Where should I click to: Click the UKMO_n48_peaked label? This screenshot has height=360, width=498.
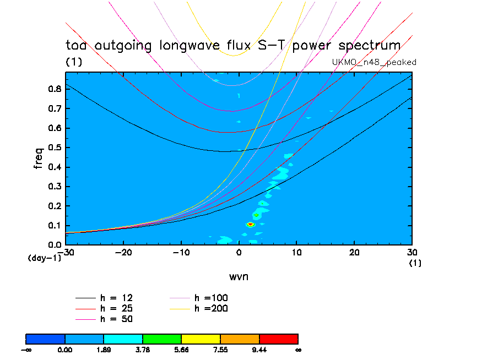374,62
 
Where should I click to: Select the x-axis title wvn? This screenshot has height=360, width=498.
239,276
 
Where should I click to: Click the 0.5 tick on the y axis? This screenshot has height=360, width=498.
55,148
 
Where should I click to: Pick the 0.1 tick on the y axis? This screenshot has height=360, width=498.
55,226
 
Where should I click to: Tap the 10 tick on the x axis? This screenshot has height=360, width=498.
296,252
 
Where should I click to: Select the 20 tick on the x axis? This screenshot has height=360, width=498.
354,252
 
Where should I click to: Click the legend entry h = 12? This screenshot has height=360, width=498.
116,298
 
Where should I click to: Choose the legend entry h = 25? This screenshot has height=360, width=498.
116,308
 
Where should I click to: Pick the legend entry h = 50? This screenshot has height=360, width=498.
116,319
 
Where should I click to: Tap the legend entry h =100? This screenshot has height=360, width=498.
211,298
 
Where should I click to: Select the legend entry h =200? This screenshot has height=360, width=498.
211,308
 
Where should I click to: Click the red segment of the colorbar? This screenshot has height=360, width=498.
278,338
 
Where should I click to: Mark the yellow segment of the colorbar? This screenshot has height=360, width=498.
201,338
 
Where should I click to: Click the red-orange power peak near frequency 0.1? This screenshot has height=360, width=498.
250,224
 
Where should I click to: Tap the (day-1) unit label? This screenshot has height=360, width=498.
44,258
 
